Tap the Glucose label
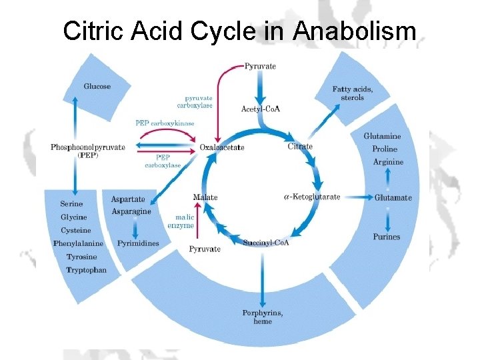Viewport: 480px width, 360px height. (97, 86)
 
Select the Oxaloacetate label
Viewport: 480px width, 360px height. (222, 147)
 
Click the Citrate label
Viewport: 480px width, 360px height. (300, 147)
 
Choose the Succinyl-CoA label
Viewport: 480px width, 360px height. (266, 242)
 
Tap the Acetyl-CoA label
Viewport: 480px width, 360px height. (261, 109)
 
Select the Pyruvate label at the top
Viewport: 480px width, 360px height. (260, 66)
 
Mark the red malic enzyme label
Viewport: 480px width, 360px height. (185, 221)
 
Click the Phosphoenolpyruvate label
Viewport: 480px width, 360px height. (87, 147)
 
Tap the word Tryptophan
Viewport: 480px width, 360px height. (86, 270)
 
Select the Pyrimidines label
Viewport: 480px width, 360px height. (138, 243)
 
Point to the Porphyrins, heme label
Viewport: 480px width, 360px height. (263, 317)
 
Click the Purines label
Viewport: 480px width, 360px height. (387, 237)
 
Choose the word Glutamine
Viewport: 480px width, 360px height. (383, 136)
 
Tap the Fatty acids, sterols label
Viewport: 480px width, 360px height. (353, 93)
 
